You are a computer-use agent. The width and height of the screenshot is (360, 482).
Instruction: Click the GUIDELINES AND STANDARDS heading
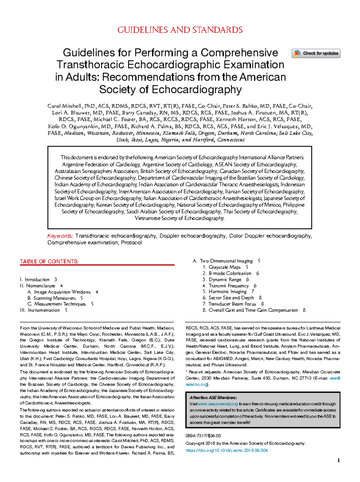click(180, 30)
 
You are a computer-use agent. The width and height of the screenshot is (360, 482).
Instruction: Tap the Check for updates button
click(316, 53)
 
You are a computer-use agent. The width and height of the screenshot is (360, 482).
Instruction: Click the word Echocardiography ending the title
click(196, 89)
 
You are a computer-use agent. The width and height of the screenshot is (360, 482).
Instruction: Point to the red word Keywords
click(60, 236)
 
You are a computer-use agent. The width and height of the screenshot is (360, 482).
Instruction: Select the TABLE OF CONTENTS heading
click(49, 261)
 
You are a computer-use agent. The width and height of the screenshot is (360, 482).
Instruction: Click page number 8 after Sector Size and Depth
click(260, 298)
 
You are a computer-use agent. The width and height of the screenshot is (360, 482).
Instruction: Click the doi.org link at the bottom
click(226, 450)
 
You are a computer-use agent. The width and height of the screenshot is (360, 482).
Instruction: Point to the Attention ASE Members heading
click(213, 397)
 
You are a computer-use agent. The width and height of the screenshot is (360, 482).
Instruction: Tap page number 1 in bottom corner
click(339, 460)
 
